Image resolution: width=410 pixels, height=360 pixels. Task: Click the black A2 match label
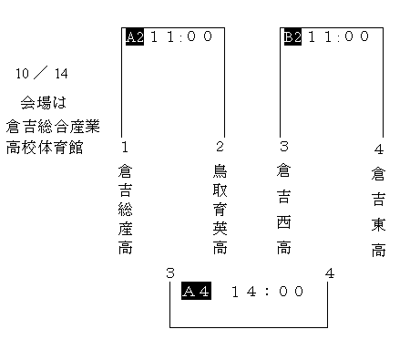point(135,36)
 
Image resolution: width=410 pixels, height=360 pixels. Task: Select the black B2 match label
point(292,36)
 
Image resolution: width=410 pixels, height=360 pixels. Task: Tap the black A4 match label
point(196,291)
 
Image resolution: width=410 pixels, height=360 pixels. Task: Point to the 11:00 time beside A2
point(181,36)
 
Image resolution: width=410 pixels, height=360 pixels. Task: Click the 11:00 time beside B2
point(339,36)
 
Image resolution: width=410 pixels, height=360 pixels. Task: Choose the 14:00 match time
point(267,292)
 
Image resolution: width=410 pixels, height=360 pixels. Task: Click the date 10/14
point(42,74)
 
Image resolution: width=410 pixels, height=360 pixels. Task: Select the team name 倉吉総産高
point(125,210)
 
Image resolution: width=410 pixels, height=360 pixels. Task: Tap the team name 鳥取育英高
point(220,210)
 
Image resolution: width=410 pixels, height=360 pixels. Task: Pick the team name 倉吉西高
point(284,210)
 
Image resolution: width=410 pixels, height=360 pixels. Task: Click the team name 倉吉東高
point(378,211)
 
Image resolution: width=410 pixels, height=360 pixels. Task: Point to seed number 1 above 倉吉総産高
point(125,147)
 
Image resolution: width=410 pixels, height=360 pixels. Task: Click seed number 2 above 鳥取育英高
point(220,147)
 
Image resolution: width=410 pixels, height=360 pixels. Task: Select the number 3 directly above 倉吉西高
point(284,146)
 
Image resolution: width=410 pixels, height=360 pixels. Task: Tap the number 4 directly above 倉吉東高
point(379,149)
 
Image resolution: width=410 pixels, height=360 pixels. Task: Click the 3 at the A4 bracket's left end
point(170,273)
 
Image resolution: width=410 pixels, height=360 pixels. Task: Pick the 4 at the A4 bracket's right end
point(330,273)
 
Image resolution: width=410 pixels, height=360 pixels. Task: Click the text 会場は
point(44,102)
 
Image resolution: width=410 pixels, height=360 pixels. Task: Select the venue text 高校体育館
point(45,148)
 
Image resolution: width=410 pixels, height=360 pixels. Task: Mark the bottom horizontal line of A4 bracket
point(249,327)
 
